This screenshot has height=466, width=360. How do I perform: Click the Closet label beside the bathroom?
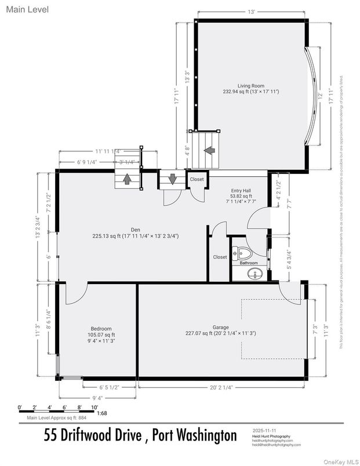point(220,257)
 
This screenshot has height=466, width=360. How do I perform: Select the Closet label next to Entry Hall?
point(197,180)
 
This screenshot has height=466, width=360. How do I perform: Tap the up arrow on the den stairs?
point(126,179)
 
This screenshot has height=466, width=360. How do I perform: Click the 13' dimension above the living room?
point(251,12)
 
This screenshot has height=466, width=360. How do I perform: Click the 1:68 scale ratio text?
point(101,414)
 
